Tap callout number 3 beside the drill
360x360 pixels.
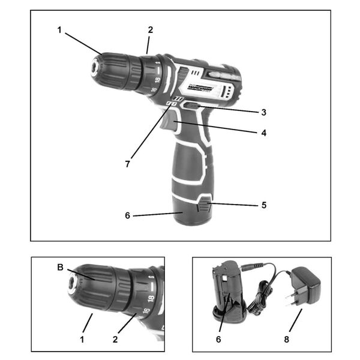coord(263,112)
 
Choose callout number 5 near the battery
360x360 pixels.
coord(263,205)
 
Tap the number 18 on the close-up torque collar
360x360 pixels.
coord(151,298)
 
